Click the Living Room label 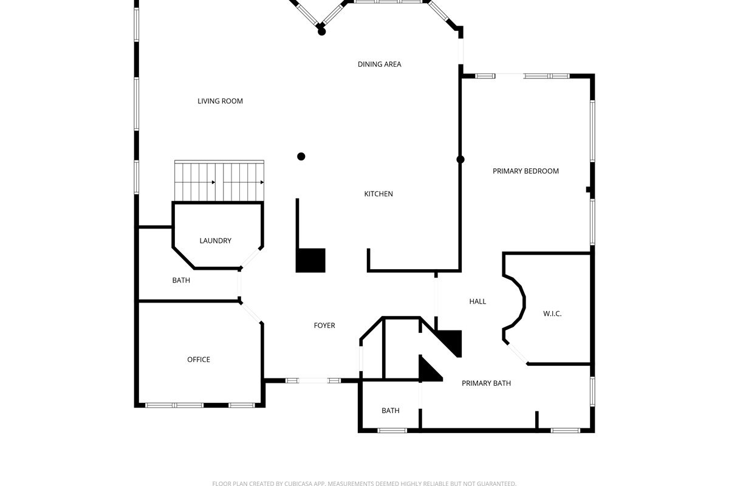[x=220, y=101]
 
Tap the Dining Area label [x=379, y=64]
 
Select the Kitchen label [x=378, y=194]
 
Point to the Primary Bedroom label [x=525, y=171]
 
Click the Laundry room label [x=215, y=241]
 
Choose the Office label [x=199, y=360]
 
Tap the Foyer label [x=324, y=326]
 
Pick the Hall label [x=477, y=301]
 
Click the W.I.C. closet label [x=552, y=313]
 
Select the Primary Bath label [x=486, y=383]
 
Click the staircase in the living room [x=219, y=180]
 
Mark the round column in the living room [x=301, y=157]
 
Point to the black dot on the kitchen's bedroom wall [x=460, y=160]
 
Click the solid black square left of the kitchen [x=311, y=260]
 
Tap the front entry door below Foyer [x=313, y=380]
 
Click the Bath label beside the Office [x=181, y=280]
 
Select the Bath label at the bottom [x=391, y=411]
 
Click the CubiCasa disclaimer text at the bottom [x=364, y=484]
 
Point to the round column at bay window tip [x=322, y=32]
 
